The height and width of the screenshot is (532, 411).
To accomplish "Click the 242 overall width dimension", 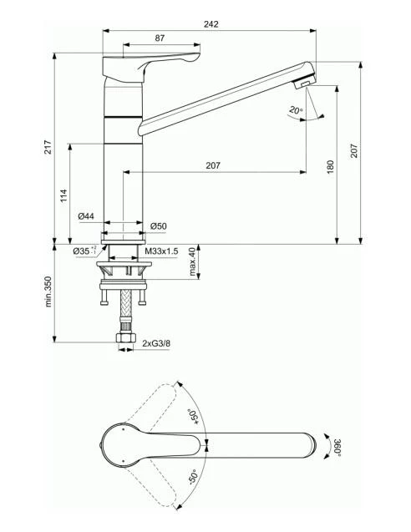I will tap(211, 23).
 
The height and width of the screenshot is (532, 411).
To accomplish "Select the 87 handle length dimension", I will tap(159, 38).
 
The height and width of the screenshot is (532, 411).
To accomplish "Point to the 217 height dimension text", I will tap(48, 146).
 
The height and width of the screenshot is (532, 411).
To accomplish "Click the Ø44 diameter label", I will tap(86, 216).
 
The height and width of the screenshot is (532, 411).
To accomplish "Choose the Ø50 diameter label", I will tap(158, 226).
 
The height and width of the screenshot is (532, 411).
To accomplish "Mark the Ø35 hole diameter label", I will tap(81, 251).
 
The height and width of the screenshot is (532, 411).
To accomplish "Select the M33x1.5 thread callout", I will tap(161, 251).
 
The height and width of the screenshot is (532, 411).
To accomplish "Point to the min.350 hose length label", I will tap(48, 292).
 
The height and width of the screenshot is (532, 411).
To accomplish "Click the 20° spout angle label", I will tap(295, 110).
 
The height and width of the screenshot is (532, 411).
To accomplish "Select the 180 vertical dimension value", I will tap(330, 167).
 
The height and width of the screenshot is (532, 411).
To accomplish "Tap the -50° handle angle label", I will tap(192, 477).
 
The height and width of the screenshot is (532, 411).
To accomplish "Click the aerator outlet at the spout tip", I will tap(305, 82).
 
